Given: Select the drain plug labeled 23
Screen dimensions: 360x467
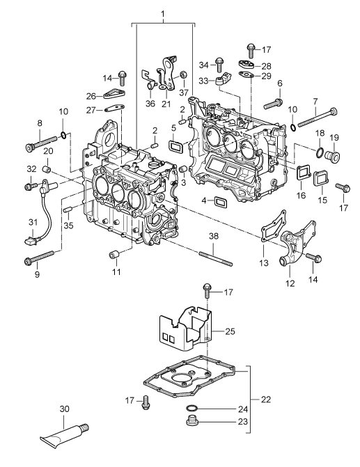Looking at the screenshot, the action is (192, 421).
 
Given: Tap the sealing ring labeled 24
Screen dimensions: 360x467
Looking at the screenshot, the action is (191, 408).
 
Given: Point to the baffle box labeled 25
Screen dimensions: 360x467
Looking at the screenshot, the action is (185, 329).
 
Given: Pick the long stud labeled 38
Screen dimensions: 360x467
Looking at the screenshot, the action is (215, 258).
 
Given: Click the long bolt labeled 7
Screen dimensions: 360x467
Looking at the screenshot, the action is (317, 118).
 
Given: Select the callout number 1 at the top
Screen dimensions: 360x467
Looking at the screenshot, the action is (163, 14).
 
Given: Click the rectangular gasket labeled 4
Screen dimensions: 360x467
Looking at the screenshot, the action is (221, 202).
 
